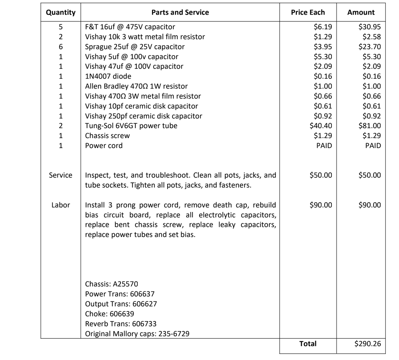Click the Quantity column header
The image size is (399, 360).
61,13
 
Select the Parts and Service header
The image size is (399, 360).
180,13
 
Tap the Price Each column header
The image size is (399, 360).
308,13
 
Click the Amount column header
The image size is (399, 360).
361,13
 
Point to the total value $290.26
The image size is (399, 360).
368,344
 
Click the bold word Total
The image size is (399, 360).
308,344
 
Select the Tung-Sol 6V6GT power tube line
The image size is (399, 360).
131,126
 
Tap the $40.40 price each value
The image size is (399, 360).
321,126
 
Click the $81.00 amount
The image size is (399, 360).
369,126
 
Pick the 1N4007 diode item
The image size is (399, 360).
108,76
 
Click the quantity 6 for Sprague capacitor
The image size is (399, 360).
61,47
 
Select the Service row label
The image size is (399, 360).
61,175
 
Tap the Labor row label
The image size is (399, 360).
61,205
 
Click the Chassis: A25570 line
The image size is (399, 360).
111,284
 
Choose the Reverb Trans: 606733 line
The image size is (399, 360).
121,324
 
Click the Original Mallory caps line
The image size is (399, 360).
137,334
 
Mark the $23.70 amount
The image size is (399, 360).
369,47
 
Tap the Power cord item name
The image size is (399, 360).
104,146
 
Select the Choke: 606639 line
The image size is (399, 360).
109,314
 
